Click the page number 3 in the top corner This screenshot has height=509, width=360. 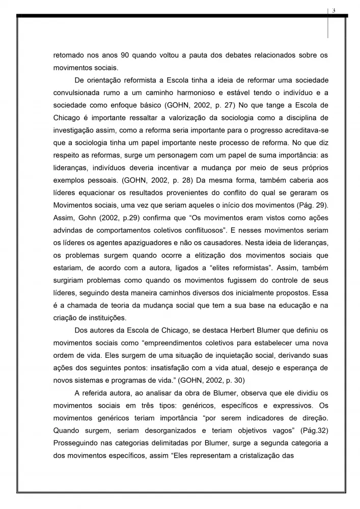click(334, 11)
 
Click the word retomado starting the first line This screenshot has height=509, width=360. click(69, 54)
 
